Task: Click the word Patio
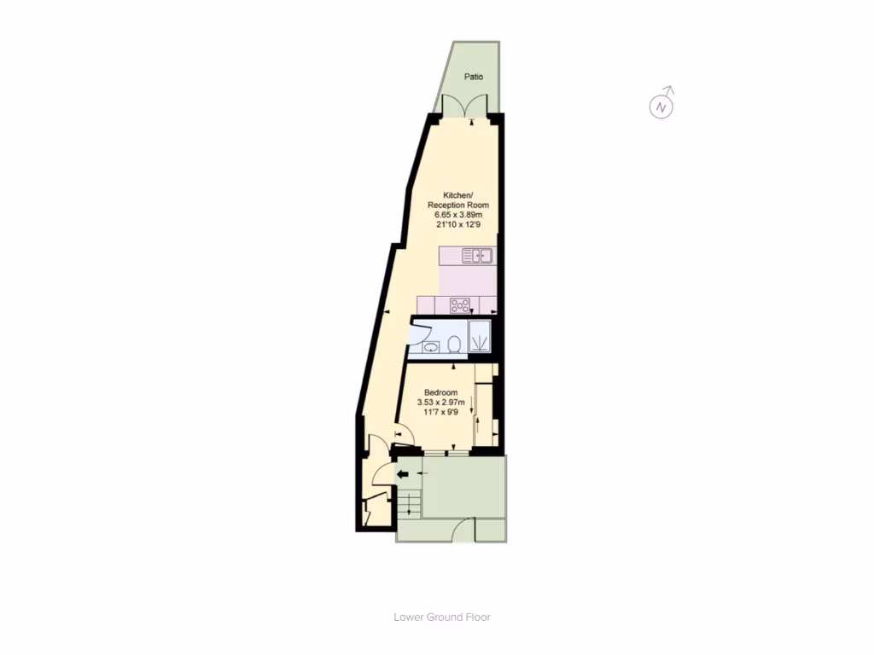[x=474, y=77]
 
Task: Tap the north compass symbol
[x=661, y=107]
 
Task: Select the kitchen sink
[x=478, y=255]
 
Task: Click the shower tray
[x=481, y=337]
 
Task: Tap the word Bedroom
[x=441, y=392]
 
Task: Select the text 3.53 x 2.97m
[x=440, y=403]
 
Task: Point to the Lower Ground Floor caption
[x=442, y=617]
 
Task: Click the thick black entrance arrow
[x=403, y=474]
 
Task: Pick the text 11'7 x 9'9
[x=440, y=413]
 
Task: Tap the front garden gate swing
[x=463, y=530]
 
